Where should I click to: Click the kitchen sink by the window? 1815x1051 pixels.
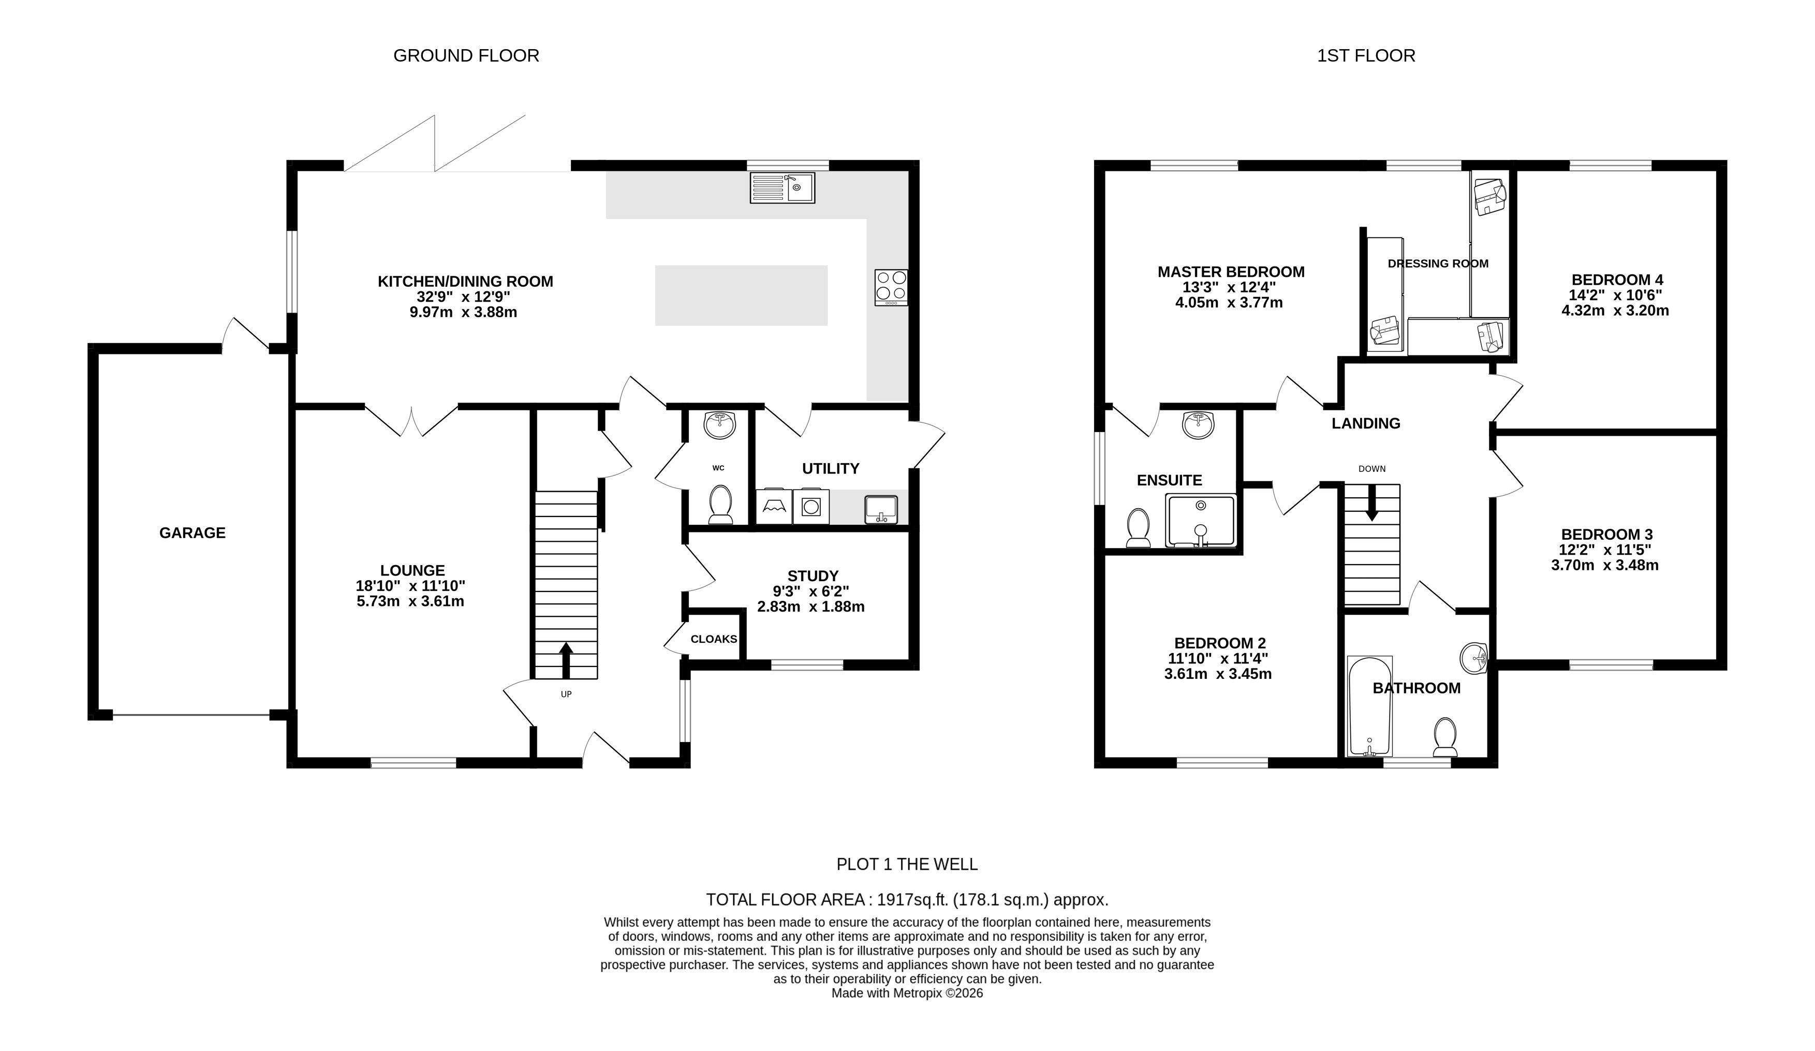pyautogui.click(x=782, y=187)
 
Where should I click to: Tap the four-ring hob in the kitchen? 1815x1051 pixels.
pyautogui.click(x=891, y=287)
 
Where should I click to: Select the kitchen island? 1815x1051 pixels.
pyautogui.click(x=741, y=295)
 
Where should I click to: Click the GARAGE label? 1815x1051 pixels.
pyautogui.click(x=193, y=533)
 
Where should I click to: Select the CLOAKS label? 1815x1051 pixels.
pyautogui.click(x=714, y=639)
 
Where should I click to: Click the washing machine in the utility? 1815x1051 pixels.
pyautogui.click(x=811, y=507)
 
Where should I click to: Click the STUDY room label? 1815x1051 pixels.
pyautogui.click(x=813, y=576)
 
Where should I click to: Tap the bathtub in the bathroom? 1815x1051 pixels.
pyautogui.click(x=1369, y=706)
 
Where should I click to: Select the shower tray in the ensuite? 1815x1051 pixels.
pyautogui.click(x=1201, y=520)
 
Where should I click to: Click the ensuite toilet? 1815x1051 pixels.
pyautogui.click(x=1139, y=528)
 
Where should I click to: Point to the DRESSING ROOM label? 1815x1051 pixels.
pyautogui.click(x=1438, y=263)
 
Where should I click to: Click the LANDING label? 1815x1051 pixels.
pyautogui.click(x=1366, y=424)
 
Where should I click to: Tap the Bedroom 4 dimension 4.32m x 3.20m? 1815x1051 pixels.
pyautogui.click(x=1615, y=311)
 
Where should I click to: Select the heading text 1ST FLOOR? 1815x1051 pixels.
pyautogui.click(x=1366, y=55)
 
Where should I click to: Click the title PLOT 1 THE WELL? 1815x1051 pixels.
pyautogui.click(x=907, y=864)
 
